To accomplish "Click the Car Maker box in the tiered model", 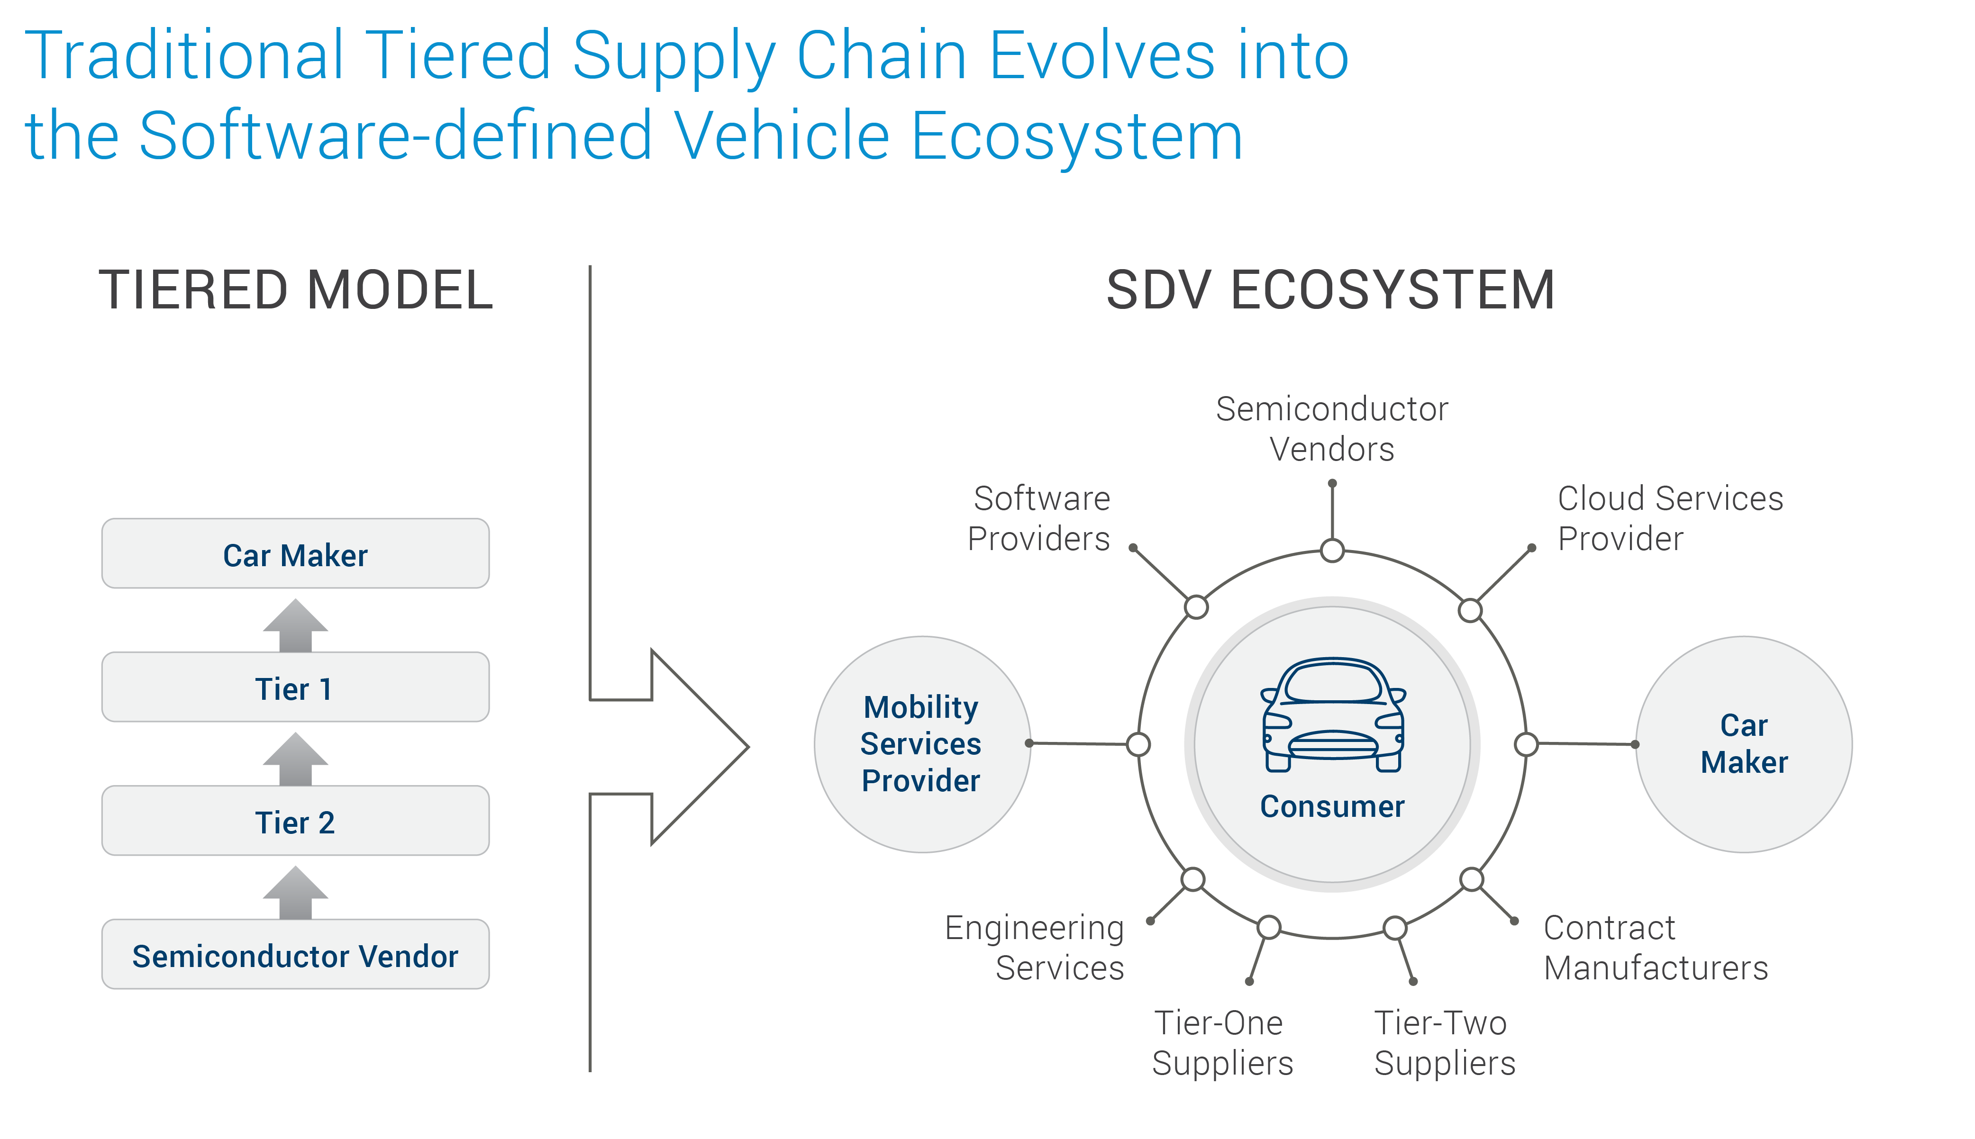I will coord(295,554).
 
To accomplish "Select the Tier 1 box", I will coord(295,687).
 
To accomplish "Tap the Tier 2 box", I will coord(295,822).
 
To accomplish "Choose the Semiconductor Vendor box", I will coord(295,955).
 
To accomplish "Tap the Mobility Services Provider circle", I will coord(922,744).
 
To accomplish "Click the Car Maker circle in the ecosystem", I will coord(1743,744).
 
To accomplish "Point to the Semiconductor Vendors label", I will coord(1332,429).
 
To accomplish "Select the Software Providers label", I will coord(1039,518).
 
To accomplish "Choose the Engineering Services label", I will coord(1035,947).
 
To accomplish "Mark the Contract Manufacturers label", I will coord(1655,947).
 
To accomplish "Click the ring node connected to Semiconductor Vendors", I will coord(1332,551).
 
